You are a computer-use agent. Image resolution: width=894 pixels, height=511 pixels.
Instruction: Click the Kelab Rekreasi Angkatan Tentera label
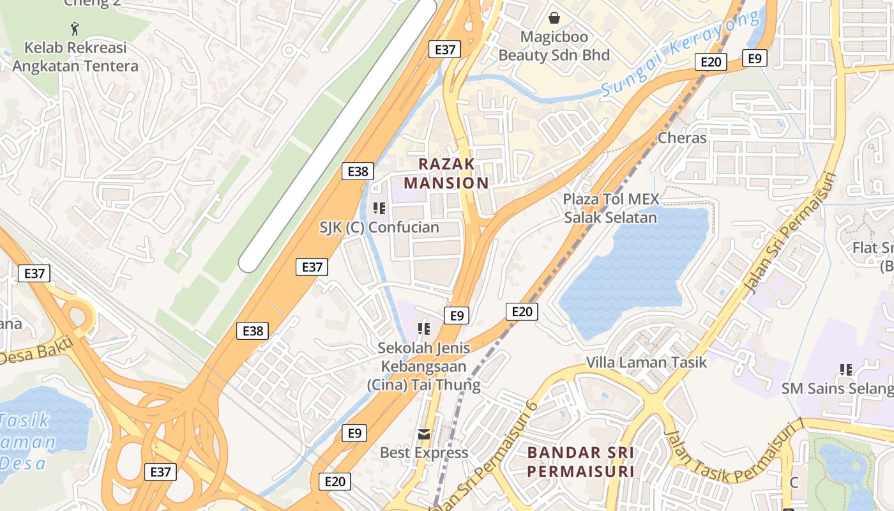click(75, 57)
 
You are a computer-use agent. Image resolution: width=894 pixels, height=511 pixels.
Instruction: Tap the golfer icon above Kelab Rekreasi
click(75, 29)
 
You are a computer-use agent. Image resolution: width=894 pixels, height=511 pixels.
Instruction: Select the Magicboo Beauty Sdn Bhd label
click(554, 46)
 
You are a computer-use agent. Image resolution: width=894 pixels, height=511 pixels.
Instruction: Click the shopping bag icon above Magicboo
click(554, 19)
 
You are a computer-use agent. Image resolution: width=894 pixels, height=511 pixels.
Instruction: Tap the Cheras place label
click(682, 138)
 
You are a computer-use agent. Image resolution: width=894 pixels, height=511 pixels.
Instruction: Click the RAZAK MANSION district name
click(446, 173)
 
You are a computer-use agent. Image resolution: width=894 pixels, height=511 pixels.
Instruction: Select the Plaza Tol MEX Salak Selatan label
click(610, 208)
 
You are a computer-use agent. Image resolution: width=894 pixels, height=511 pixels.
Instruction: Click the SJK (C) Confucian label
click(379, 227)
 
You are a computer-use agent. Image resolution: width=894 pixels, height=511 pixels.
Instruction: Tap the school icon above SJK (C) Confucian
click(379, 208)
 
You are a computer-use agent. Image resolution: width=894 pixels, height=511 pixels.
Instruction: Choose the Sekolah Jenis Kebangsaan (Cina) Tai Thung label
click(424, 367)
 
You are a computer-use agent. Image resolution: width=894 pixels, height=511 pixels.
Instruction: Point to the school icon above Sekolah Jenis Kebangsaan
click(423, 330)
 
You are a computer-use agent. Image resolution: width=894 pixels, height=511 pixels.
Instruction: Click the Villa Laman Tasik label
click(646, 362)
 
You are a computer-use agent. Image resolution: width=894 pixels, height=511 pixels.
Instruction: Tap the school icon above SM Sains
click(846, 369)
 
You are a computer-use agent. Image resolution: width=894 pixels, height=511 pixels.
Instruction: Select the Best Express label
click(424, 453)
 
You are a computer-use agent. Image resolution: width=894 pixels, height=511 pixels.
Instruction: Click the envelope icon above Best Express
click(423, 434)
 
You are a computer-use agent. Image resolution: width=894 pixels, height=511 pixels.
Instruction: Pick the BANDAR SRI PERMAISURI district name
click(580, 462)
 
